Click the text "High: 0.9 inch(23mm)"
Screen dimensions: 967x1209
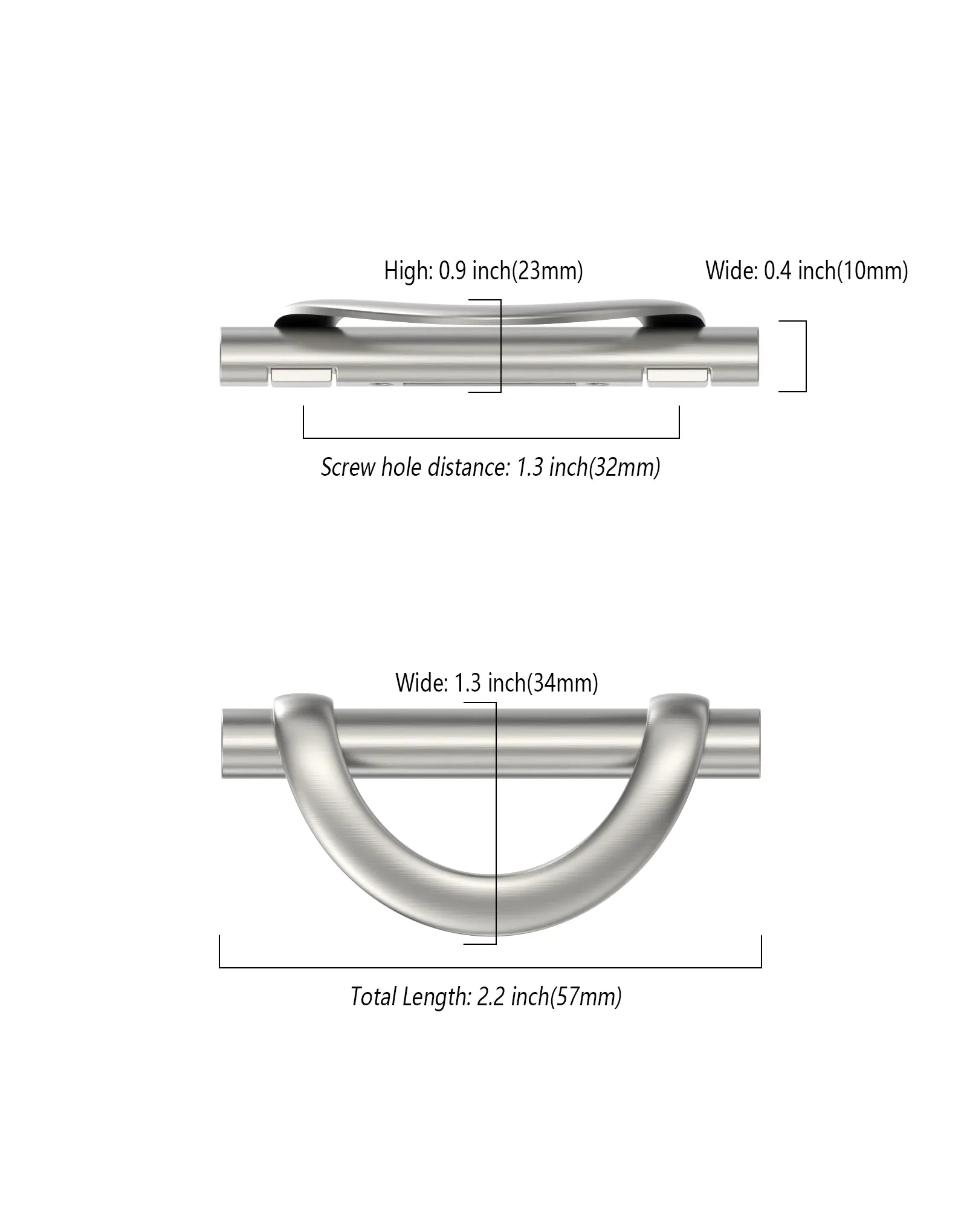coord(483,271)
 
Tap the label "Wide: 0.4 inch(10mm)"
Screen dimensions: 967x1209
coord(807,271)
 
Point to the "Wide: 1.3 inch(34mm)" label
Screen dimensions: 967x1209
coord(497,682)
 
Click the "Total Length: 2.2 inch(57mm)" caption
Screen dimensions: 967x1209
coord(486,996)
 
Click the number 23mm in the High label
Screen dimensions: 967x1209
coord(548,271)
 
